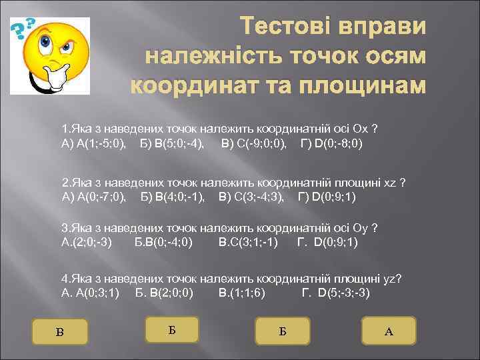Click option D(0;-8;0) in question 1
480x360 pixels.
tap(333, 143)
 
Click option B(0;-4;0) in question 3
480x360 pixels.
tap(164, 241)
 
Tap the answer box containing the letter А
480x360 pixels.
tap(389, 331)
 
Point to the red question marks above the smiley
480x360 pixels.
tap(25, 28)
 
